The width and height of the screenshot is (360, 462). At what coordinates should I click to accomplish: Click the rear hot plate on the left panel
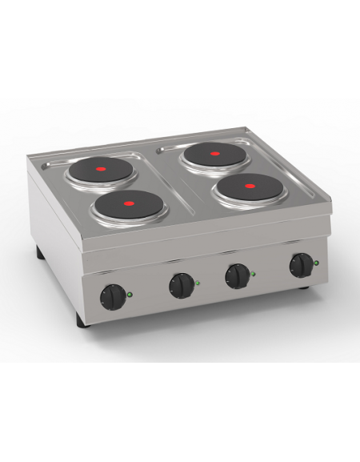(102, 170)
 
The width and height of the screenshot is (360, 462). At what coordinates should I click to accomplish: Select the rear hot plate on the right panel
(214, 155)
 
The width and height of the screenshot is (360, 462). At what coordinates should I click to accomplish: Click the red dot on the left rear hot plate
(102, 170)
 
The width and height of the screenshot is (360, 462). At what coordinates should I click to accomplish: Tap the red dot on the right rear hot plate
(214, 155)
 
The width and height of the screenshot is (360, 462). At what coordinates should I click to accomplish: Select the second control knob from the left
(182, 284)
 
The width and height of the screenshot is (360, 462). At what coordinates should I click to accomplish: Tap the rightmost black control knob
(302, 263)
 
